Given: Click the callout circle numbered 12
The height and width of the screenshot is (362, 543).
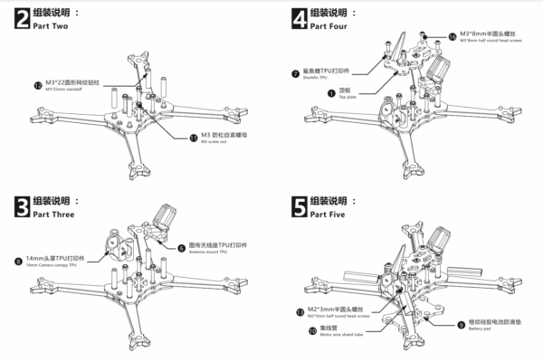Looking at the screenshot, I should tap(37, 85).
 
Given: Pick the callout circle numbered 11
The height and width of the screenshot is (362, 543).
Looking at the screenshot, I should tap(192, 138).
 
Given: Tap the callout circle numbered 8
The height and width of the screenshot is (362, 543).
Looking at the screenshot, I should tap(19, 262).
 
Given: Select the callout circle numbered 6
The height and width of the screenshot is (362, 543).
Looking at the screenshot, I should tap(181, 246).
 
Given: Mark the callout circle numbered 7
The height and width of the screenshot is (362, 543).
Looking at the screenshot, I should tap(295, 73).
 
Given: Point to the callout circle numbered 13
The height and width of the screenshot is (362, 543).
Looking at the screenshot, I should tap(299, 312).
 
